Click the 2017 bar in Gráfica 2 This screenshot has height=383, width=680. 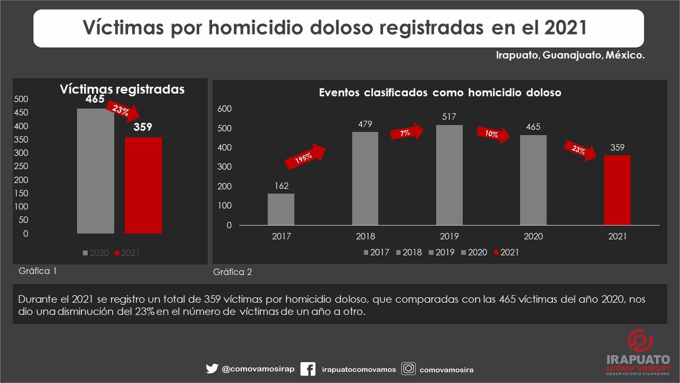click(x=280, y=209)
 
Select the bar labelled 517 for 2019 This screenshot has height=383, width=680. click(x=449, y=175)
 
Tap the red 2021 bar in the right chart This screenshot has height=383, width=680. click(x=617, y=190)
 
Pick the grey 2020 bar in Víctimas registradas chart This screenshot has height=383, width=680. click(x=96, y=171)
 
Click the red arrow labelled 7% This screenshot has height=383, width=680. click(x=407, y=132)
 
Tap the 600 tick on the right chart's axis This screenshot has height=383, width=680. click(x=225, y=109)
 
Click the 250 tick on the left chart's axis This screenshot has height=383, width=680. click(x=21, y=166)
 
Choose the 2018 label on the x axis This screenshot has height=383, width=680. click(x=365, y=237)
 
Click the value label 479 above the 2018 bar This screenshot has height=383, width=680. click(x=365, y=124)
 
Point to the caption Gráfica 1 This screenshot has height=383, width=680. click(x=38, y=271)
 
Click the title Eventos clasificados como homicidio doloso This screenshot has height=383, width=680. click(x=440, y=93)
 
